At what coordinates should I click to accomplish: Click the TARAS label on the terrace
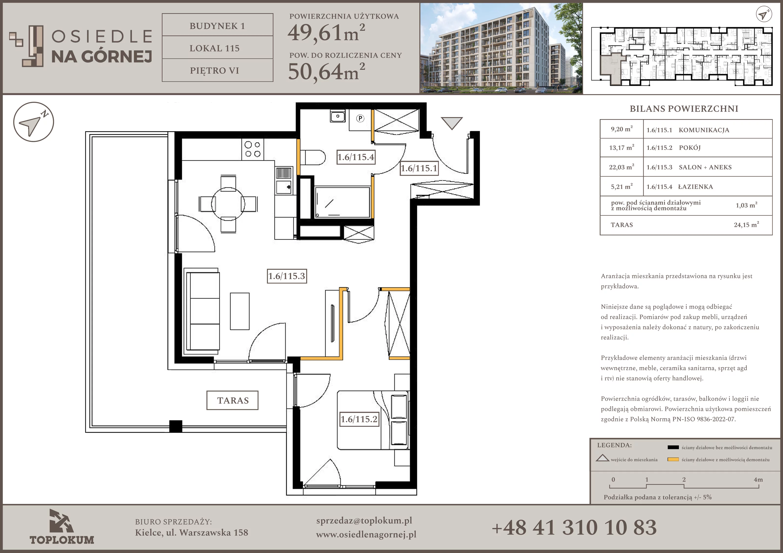pos(233,400)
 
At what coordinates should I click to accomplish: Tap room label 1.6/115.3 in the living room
pos(287,276)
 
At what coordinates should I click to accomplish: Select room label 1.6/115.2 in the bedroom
pos(359,419)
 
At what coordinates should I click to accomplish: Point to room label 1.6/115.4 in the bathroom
pos(356,157)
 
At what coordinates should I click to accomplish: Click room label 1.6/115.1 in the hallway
pos(419,168)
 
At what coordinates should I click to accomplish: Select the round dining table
pos(228,204)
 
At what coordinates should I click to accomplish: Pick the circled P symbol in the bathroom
pos(360,118)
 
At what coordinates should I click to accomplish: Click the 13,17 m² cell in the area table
pos(621,148)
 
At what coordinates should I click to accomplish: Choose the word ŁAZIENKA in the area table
pos(695,186)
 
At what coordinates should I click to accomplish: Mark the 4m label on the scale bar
pos(758,479)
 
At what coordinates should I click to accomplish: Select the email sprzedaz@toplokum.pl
pos(364,521)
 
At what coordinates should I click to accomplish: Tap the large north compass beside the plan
pos(34,122)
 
